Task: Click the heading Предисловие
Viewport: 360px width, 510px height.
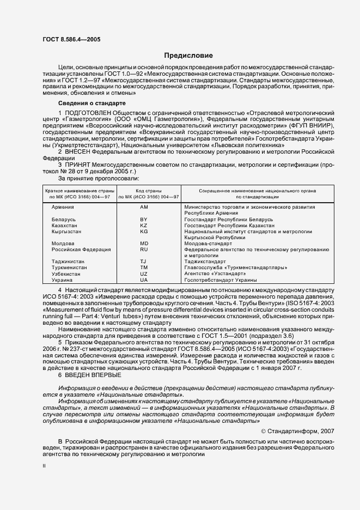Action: pyautogui.click(x=189, y=56)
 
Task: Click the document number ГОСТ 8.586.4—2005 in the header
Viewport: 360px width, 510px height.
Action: pyautogui.click(x=71, y=39)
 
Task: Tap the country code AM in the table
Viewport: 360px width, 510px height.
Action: pyautogui.click(x=144, y=208)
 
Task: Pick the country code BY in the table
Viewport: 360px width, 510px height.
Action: pyautogui.click(x=144, y=219)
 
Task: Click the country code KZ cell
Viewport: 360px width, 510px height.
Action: pyautogui.click(x=144, y=225)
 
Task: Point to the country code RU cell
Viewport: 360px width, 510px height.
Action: pyautogui.click(x=144, y=249)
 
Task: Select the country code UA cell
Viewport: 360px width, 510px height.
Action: pyautogui.click(x=144, y=279)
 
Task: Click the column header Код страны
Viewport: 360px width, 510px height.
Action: pyautogui.click(x=144, y=190)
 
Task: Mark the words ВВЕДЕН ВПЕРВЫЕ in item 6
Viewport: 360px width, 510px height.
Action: pyautogui.click(x=91, y=375)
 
